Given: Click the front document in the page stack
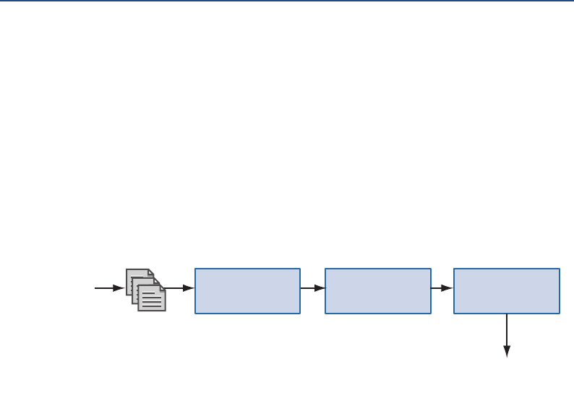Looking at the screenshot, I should click(x=152, y=298).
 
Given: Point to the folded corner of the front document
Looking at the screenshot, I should click(x=162, y=287).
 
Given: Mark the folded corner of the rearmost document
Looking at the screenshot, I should click(x=150, y=272).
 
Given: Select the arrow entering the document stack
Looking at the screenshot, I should click(x=108, y=288).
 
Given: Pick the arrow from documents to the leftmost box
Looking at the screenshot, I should click(x=181, y=288).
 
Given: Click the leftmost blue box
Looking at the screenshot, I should click(x=247, y=291).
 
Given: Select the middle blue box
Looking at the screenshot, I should click(x=377, y=291).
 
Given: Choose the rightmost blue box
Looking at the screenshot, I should click(x=506, y=291).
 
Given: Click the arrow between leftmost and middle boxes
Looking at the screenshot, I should click(x=312, y=288).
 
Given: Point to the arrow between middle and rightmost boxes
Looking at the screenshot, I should click(x=442, y=288).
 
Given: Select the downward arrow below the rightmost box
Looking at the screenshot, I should click(x=507, y=333).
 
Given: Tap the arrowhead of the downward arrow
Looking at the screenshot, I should click(x=507, y=352).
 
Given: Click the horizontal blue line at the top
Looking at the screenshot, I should click(x=287, y=1).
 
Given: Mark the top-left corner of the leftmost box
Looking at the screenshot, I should click(x=195, y=269).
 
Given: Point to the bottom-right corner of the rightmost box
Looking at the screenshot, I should click(x=559, y=313).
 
